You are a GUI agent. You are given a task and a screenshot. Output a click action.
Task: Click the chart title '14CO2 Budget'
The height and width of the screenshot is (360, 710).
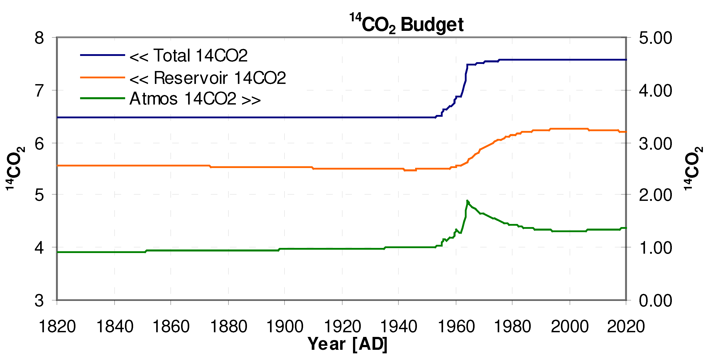pos(406,24)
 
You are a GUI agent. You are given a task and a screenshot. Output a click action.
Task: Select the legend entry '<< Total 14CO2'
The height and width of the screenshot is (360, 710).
pos(188,56)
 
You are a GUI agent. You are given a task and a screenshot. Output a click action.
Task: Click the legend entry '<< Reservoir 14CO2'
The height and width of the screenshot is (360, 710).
pos(207,78)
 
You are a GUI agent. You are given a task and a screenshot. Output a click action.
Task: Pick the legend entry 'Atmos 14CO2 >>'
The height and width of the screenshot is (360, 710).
pos(195,99)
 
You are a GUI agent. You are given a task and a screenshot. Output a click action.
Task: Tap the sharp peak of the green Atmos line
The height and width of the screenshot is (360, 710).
pos(467,201)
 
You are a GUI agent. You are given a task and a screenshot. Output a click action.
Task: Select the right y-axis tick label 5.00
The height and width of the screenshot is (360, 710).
pos(655,38)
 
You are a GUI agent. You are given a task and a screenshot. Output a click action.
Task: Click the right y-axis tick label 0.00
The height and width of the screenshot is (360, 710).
pos(655,301)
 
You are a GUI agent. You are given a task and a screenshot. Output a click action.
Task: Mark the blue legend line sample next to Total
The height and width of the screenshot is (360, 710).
pos(103,55)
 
